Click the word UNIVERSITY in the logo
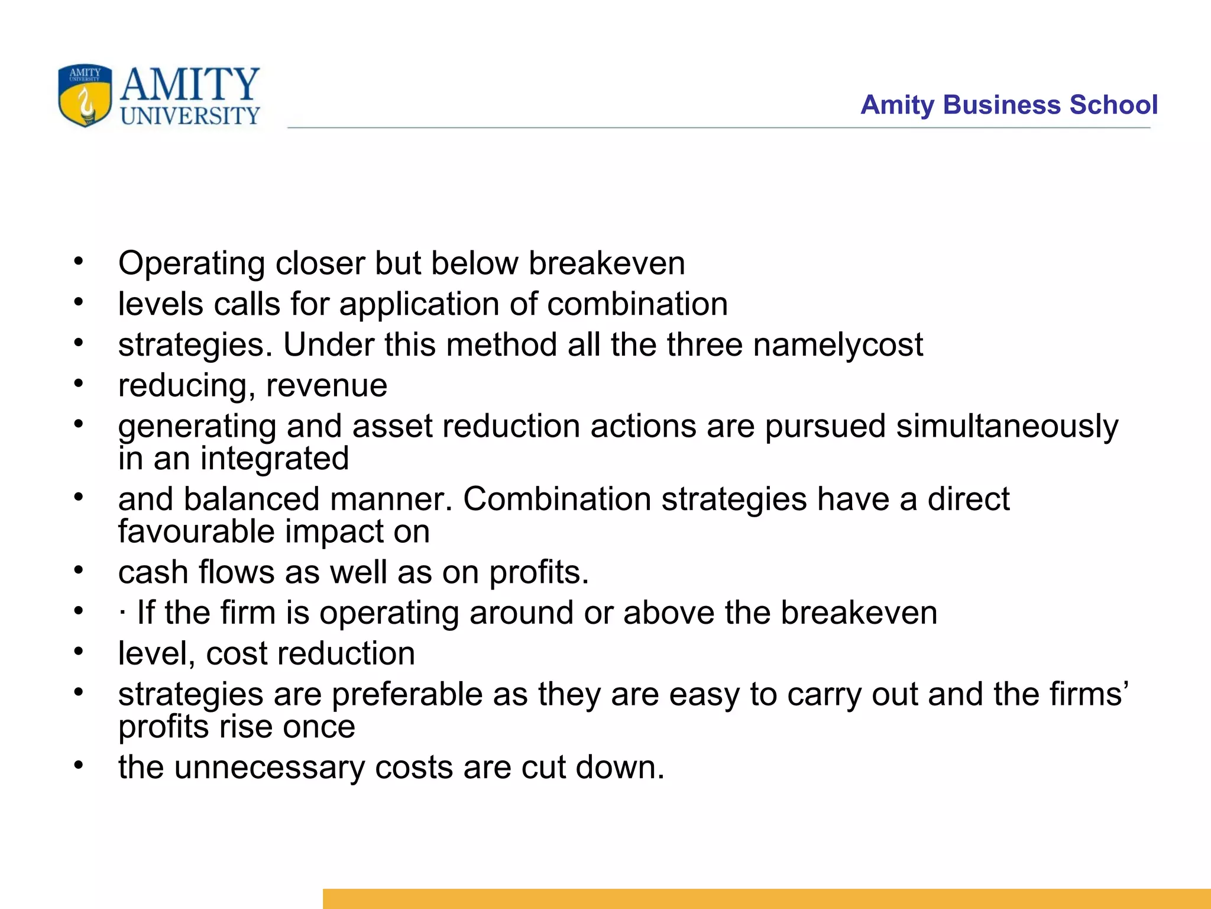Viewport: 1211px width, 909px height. [x=190, y=115]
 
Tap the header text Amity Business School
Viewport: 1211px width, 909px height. [x=1009, y=105]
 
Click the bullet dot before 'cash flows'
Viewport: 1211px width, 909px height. [x=79, y=570]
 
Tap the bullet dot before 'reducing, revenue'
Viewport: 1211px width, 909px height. [x=79, y=383]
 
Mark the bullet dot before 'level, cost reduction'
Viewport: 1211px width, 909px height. [x=79, y=652]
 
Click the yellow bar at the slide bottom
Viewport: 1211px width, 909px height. [x=766, y=898]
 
